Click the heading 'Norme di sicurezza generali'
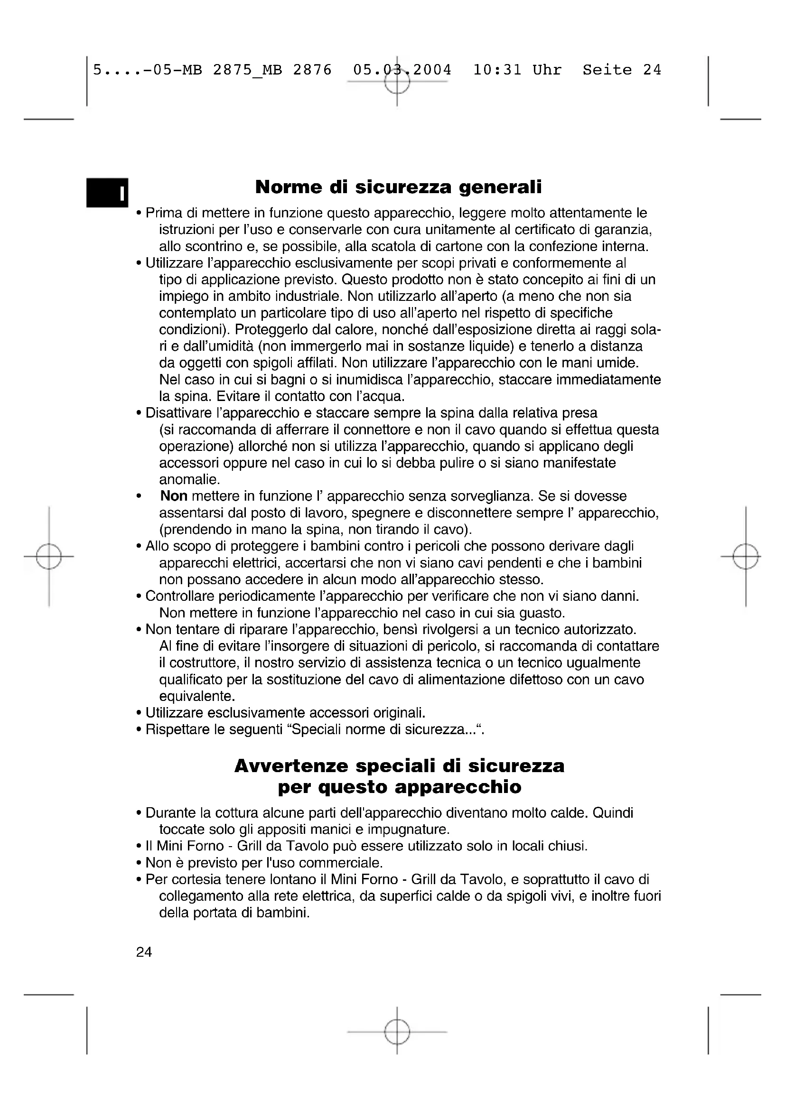pos(398,187)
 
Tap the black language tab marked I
pos(107,193)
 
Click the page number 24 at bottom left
pos(144,952)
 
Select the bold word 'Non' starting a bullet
pos(174,496)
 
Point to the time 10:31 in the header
pos(497,70)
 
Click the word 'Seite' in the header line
pos(607,70)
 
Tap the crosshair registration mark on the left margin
pos(48,557)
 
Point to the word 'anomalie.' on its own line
pos(189,480)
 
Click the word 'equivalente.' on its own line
pos(197,696)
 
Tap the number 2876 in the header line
pos(312,70)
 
